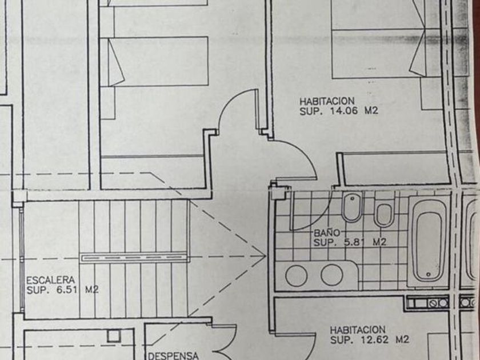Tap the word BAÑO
click(x=327, y=233)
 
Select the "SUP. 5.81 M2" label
click(x=350, y=242)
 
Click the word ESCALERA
click(x=51, y=280)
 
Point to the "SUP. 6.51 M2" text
click(x=62, y=290)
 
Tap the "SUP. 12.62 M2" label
click(x=370, y=340)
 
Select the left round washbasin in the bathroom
click(x=296, y=275)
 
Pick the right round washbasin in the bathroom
click(x=331, y=275)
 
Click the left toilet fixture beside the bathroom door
click(x=351, y=207)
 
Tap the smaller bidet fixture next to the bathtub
click(x=383, y=214)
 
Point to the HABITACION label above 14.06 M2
click(x=327, y=102)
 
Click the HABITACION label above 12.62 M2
click(x=358, y=330)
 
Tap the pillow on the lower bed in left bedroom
click(x=117, y=62)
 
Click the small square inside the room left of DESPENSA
click(x=112, y=335)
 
